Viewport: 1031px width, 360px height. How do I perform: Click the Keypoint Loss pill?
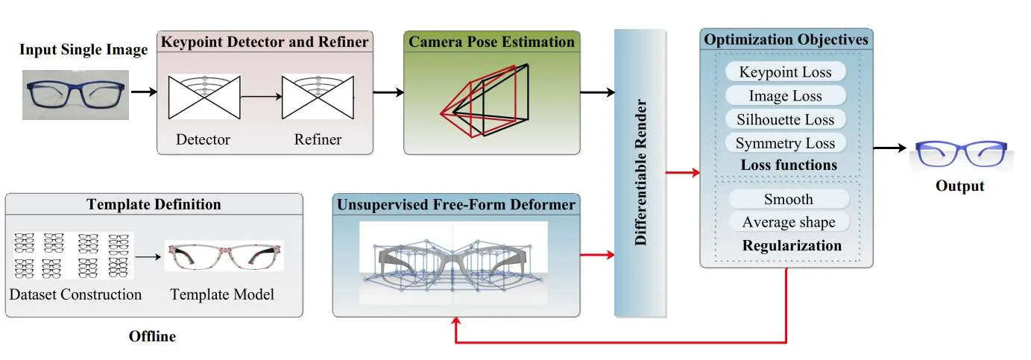tap(785, 72)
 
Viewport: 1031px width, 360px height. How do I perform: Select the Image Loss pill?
tap(785, 95)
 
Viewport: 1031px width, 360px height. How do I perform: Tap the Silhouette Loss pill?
tap(785, 120)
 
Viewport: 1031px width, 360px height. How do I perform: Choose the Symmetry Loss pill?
tap(785, 143)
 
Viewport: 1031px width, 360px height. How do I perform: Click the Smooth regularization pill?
tap(789, 199)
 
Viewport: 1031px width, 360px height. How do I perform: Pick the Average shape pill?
tap(789, 222)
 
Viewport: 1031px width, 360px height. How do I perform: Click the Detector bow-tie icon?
tap(204, 97)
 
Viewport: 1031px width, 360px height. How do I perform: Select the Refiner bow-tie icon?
tap(318, 97)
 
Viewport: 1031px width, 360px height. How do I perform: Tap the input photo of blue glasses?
tap(75, 95)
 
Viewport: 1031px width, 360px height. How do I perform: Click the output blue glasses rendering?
tap(961, 154)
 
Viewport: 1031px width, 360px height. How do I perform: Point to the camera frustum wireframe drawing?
tap(485, 101)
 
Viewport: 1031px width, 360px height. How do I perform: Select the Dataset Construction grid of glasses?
tap(72, 256)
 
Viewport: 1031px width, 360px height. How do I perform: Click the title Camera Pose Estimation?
tap(491, 42)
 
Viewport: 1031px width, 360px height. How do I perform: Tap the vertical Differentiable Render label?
tap(640, 172)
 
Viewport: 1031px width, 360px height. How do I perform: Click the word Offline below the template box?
tap(152, 337)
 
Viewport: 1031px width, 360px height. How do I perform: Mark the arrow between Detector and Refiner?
tap(261, 97)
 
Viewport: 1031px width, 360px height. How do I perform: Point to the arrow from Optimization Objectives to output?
tap(889, 148)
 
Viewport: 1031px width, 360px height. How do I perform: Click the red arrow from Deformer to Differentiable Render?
tap(597, 255)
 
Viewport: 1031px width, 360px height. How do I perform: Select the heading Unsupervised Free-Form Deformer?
tap(456, 205)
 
